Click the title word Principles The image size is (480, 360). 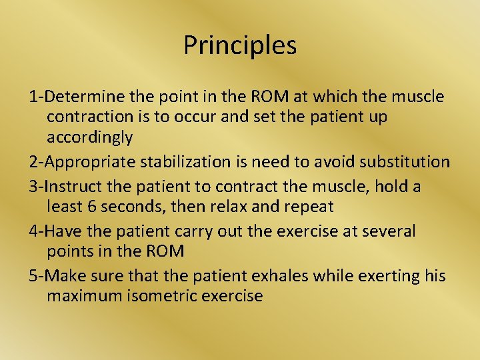240,46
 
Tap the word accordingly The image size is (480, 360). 90,138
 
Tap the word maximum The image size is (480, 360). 84,295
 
